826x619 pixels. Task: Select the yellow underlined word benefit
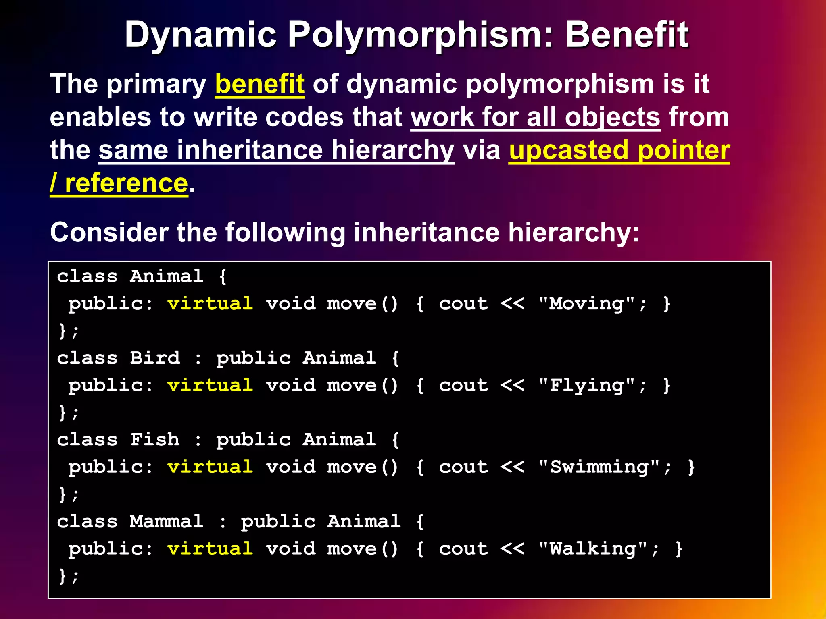(260, 84)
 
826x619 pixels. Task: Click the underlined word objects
(612, 117)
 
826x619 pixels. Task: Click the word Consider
(109, 233)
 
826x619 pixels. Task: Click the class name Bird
(155, 358)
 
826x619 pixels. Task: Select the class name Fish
(155, 440)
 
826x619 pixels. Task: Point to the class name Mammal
(167, 521)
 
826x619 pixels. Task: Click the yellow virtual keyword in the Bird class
(210, 385)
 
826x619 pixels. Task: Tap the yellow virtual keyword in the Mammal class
(210, 549)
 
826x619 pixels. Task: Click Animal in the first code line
(167, 276)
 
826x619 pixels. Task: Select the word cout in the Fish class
(463, 467)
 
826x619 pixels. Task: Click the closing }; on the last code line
(69, 576)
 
